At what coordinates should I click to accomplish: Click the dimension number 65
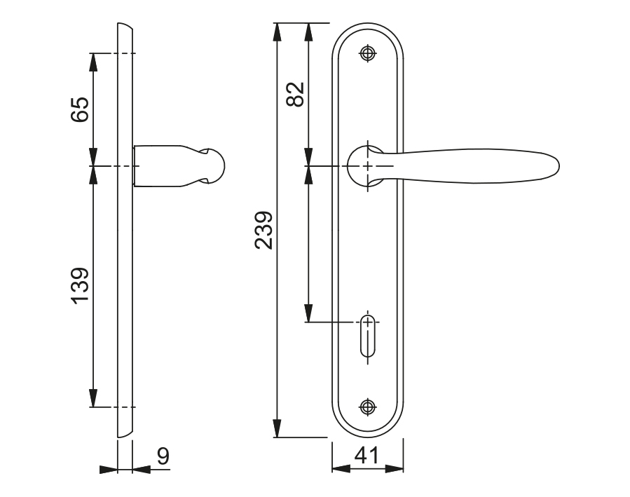(80, 109)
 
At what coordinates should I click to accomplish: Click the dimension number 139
(80, 286)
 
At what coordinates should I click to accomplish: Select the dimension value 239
(263, 230)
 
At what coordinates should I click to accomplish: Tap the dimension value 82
(295, 95)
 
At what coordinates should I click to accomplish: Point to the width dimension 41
(367, 455)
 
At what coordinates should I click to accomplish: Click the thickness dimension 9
(163, 456)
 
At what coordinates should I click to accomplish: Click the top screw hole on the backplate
(368, 53)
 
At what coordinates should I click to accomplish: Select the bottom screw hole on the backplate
(368, 407)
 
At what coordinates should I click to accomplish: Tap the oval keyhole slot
(368, 336)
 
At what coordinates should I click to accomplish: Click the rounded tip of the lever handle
(556, 166)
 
